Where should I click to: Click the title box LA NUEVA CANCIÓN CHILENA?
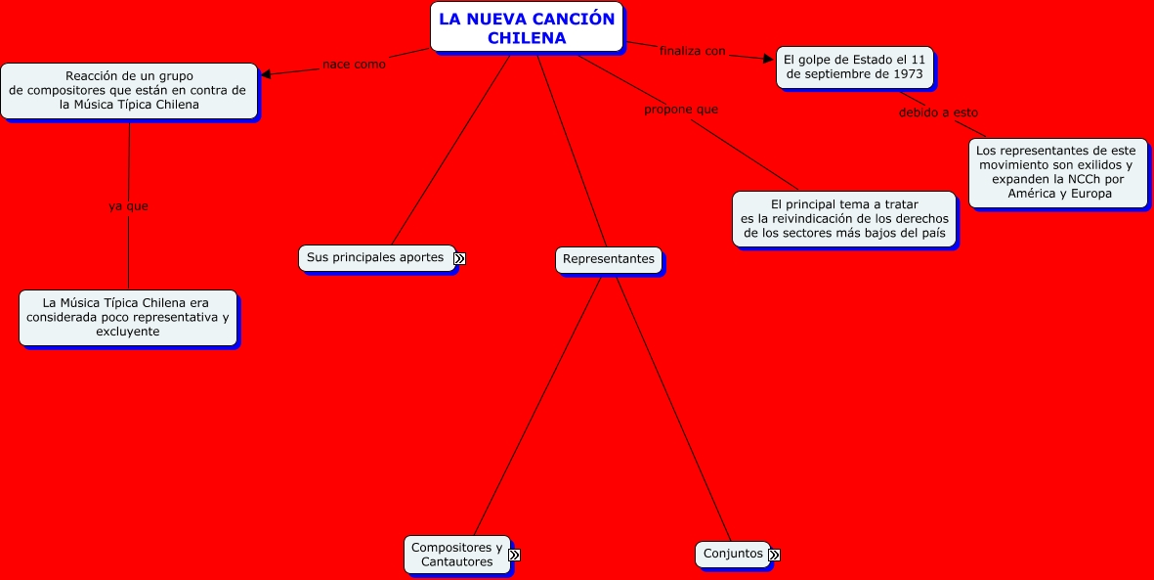[527, 27]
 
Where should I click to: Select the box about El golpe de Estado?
[854, 67]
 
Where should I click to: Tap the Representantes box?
[609, 259]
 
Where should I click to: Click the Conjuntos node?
[733, 554]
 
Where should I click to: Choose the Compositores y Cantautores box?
[456, 555]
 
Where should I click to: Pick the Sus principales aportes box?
[375, 257]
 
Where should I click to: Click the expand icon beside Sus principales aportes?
[459, 258]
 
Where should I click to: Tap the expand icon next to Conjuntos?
[774, 555]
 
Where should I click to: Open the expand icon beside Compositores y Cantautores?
[514, 555]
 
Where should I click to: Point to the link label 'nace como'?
[354, 65]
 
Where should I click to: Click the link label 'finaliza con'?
[692, 51]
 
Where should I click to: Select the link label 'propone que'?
[680, 110]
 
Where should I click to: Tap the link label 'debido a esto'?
[938, 112]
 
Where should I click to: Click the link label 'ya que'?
[128, 206]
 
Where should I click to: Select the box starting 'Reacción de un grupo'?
[128, 90]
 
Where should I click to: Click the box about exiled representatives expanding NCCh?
[1057, 172]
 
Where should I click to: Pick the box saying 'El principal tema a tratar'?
[844, 218]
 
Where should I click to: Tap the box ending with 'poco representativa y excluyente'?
[127, 317]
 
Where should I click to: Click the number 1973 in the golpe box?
[908, 74]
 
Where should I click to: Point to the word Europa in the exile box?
[1091, 194]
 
